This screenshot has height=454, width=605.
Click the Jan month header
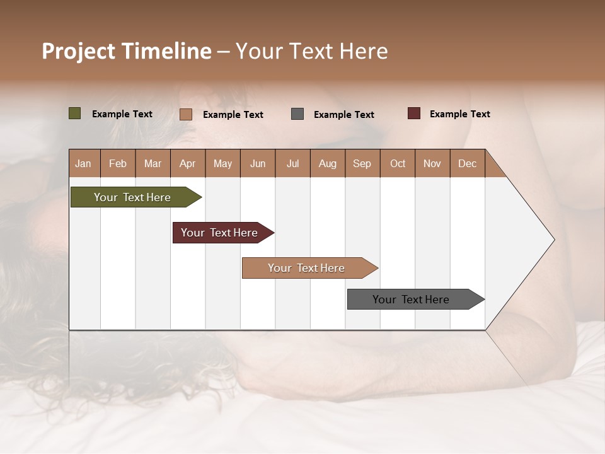tap(83, 163)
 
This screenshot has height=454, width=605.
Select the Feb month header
tap(118, 163)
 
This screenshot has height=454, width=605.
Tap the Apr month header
tap(187, 163)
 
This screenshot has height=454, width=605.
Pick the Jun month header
tap(258, 163)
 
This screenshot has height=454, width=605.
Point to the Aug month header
tap(327, 163)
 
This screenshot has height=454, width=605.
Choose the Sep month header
tap(362, 163)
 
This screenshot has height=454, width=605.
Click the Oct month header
tap(398, 163)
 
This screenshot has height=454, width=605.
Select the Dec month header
tap(467, 163)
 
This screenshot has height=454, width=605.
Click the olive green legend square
tap(75, 113)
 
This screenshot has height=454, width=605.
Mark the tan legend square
tap(186, 114)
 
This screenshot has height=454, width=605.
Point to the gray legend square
tap(297, 114)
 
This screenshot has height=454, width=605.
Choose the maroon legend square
tap(414, 113)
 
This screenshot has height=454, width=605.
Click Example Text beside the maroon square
tap(459, 114)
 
